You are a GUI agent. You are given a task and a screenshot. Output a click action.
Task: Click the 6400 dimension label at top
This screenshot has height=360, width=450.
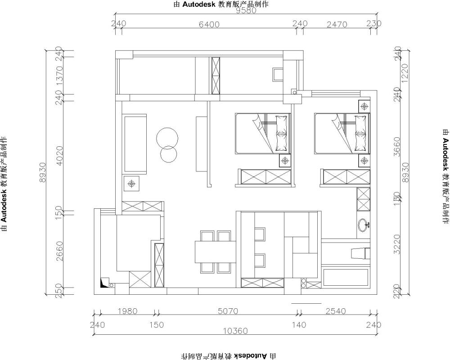point(209,24)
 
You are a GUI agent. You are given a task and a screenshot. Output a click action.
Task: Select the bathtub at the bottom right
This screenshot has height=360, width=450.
point(345,277)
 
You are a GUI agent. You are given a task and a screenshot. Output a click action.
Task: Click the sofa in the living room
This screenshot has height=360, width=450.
point(135,144)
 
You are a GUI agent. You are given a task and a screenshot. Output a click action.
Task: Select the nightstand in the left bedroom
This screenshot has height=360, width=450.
point(284,160)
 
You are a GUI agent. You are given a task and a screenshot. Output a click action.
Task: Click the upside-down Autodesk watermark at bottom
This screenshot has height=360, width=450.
point(229,356)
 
